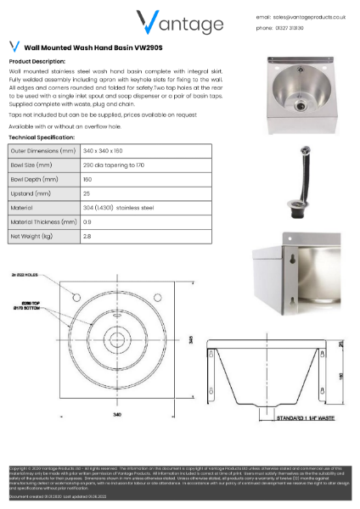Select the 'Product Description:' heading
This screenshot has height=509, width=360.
click(36, 62)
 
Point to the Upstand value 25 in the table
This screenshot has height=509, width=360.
click(87, 193)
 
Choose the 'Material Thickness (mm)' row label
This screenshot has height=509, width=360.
click(42, 221)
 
